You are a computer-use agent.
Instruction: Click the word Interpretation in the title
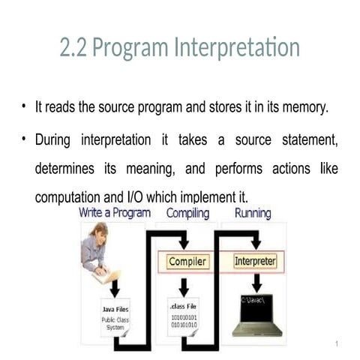pyautogui.click(x=237, y=48)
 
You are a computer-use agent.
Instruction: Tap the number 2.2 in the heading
pyautogui.click(x=74, y=48)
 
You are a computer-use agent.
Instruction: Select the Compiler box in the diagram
pyautogui.click(x=187, y=262)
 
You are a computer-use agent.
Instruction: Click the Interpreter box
pyautogui.click(x=255, y=262)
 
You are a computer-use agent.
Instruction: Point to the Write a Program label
pyautogui.click(x=115, y=213)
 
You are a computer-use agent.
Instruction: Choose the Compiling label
pyautogui.click(x=187, y=213)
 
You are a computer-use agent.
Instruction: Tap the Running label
pyautogui.click(x=253, y=213)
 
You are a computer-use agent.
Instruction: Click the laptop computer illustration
pyautogui.click(x=256, y=316)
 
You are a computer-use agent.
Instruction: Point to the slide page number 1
pyautogui.click(x=338, y=343)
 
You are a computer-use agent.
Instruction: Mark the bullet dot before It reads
pyautogui.click(x=24, y=106)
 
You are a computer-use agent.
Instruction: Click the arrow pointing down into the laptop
pyautogui.click(x=256, y=284)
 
